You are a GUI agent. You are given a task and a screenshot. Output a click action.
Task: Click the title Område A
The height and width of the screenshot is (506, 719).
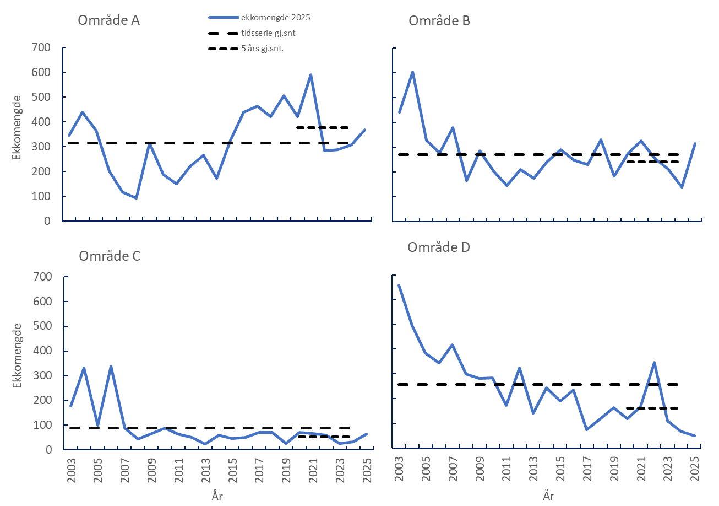pos(108,21)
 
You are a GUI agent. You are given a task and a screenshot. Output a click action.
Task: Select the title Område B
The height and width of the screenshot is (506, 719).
pos(439,21)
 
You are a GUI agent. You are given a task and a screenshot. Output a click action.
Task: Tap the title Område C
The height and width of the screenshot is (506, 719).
pos(110,256)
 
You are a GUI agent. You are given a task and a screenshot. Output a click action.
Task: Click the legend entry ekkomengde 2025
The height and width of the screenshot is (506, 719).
pos(276,18)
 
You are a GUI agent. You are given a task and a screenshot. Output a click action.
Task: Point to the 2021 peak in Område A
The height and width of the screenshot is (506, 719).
pos(311,74)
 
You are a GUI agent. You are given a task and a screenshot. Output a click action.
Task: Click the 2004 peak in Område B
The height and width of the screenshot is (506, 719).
pos(412,72)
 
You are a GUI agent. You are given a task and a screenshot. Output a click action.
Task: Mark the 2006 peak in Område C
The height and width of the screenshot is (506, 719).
pos(111,366)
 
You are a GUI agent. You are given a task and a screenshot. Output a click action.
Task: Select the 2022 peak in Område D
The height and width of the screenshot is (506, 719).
pos(654,362)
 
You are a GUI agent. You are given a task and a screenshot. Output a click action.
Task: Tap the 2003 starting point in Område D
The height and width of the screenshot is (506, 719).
pos(399,285)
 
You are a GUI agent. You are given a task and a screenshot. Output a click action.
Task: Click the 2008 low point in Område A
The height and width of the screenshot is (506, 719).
pos(136,198)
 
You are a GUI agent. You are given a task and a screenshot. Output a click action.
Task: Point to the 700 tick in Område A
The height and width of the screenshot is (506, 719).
pos(42,47)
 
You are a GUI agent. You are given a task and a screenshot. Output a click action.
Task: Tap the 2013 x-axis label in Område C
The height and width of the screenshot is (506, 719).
pos(205,469)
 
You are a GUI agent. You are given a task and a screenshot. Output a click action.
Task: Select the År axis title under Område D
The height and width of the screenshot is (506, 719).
pos(547,496)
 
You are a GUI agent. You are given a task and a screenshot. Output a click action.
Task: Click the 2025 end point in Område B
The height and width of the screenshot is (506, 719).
pos(695,143)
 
